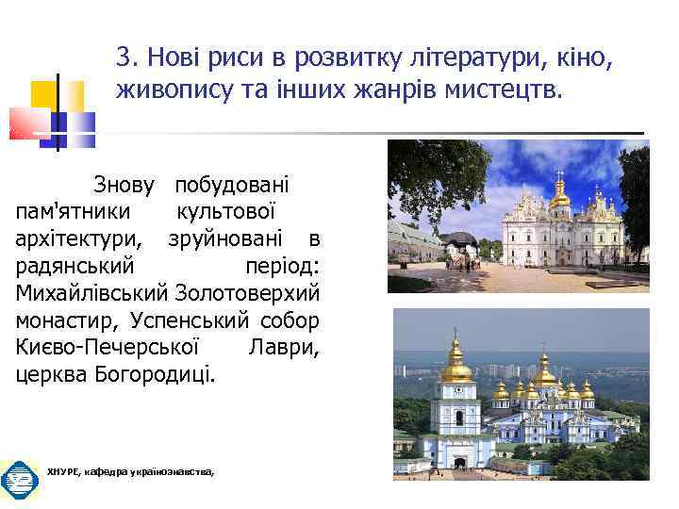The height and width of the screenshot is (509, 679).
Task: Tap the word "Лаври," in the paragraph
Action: [x=284, y=347]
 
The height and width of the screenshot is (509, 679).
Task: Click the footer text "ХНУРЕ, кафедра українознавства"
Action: [x=130, y=470]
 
